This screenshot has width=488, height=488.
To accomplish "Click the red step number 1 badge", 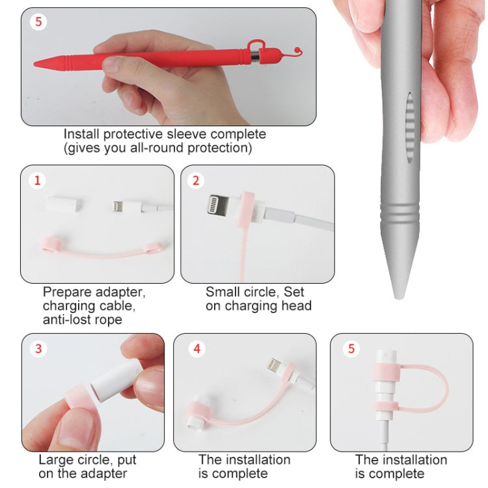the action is pos(37,180).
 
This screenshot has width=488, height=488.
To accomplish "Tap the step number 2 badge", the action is pos(196,180).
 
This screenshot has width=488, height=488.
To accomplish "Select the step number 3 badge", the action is pos(38,349).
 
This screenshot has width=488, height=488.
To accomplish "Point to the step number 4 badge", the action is pos(197,349).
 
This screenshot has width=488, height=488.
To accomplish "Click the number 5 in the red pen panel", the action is pos(38,21).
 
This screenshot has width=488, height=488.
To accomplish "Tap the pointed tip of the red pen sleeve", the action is pos(35,64).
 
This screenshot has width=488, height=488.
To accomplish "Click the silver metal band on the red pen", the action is pos(255,57).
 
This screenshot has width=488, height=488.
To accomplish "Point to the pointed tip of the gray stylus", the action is pos(398,297).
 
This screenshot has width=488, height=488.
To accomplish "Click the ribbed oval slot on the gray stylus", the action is pos(410,128).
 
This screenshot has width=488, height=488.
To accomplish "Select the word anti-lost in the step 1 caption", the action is pos(64,319).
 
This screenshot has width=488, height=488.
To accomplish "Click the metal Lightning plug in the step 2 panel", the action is pos(218,204).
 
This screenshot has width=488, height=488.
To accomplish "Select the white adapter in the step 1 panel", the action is pos(64,204).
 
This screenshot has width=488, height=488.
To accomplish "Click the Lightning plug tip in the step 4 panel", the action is pos(273,365).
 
